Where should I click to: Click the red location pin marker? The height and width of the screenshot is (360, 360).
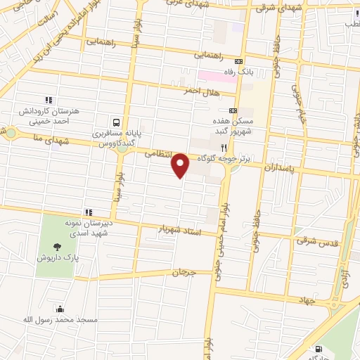coord(181,165)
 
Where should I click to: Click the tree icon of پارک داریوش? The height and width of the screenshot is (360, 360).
coord(57,246)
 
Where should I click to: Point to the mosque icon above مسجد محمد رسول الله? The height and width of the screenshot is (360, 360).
coord(59,309)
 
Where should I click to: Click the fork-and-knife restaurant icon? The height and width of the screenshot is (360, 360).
coord(224,148)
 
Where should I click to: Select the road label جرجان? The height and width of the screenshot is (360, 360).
coord(181,271)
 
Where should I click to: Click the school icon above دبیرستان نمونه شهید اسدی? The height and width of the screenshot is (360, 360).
coord(89,212)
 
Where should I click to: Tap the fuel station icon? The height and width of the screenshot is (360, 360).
coord(320,349)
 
